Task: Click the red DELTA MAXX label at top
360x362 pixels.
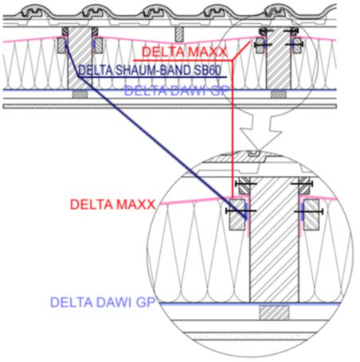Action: pyautogui.click(x=185, y=52)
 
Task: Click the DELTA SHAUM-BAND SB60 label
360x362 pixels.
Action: pyautogui.click(x=150, y=70)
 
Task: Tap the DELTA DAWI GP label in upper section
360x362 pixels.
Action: pyautogui.click(x=177, y=91)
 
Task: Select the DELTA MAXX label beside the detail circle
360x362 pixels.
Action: pyautogui.click(x=112, y=204)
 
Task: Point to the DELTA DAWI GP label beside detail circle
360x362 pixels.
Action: pyautogui.click(x=103, y=302)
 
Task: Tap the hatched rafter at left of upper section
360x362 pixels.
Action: pyautogui.click(x=80, y=58)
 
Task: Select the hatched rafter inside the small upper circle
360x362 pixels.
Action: pyautogui.click(x=279, y=58)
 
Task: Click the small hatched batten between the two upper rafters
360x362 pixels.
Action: pyautogui.click(x=179, y=34)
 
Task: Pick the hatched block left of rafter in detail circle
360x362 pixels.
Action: pyautogui.click(x=237, y=215)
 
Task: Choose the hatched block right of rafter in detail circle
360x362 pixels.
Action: pyautogui.click(x=311, y=215)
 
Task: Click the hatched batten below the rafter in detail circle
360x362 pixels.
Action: pyautogui.click(x=274, y=313)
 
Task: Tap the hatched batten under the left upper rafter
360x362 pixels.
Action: pyautogui.click(x=80, y=94)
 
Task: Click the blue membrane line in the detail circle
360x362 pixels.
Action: pyautogui.click(x=249, y=304)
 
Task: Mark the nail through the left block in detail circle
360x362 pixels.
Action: pyautogui.click(x=241, y=211)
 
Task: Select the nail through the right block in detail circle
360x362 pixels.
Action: pyautogui.click(x=309, y=212)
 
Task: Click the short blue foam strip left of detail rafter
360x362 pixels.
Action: pyautogui.click(x=246, y=212)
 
